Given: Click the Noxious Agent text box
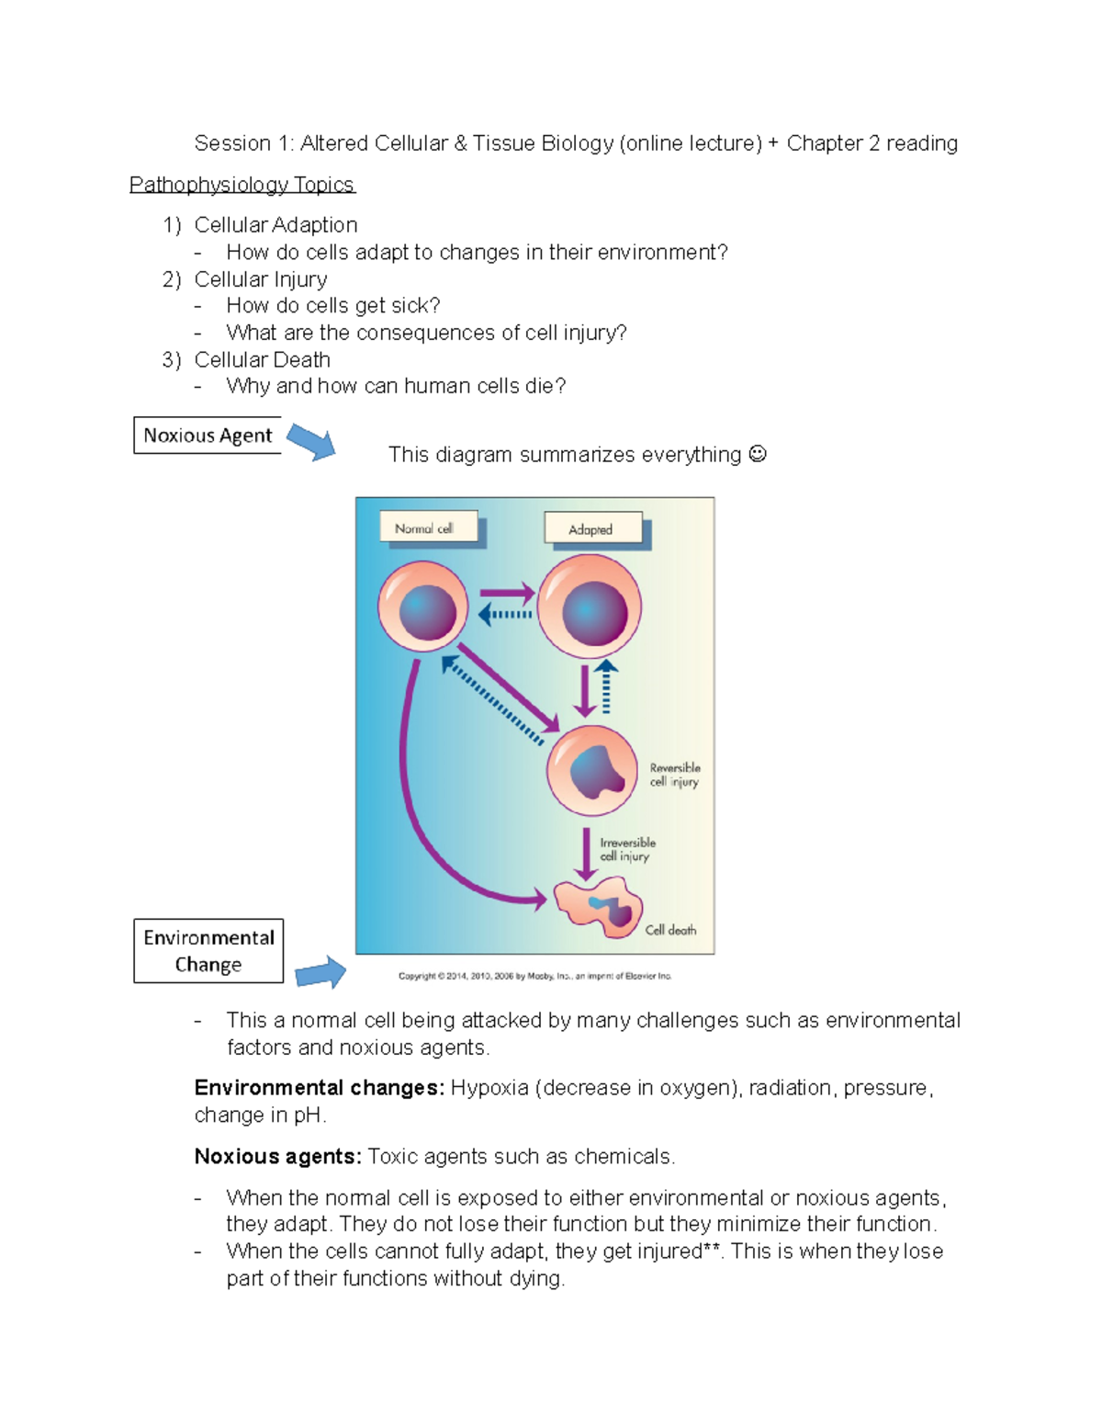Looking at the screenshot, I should pyautogui.click(x=208, y=436).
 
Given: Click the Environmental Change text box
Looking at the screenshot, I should pyautogui.click(x=208, y=951).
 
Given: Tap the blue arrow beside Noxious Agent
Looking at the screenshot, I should pyautogui.click(x=312, y=442).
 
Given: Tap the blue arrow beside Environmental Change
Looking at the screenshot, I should pyautogui.click(x=321, y=972).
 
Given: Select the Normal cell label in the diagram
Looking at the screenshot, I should pyautogui.click(x=424, y=528).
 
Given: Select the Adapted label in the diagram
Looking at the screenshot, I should pyautogui.click(x=590, y=529).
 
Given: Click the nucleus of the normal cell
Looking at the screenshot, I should pyautogui.click(x=428, y=611).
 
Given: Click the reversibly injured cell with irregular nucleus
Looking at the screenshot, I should pyautogui.click(x=592, y=770).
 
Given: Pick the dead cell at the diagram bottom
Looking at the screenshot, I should pyautogui.click(x=599, y=906).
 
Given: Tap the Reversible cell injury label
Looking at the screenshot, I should pyautogui.click(x=675, y=775).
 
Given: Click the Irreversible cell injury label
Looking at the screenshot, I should pyautogui.click(x=627, y=849).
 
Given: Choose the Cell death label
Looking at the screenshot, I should pyautogui.click(x=670, y=930).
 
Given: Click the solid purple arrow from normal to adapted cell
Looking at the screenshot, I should pyautogui.click(x=507, y=594).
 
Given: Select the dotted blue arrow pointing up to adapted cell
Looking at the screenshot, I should pyautogui.click(x=606, y=686).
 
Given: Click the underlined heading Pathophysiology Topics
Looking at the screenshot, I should pyautogui.click(x=242, y=185).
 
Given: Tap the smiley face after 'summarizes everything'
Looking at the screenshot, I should pyautogui.click(x=758, y=454).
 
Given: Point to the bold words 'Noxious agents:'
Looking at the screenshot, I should pyautogui.click(x=277, y=1156).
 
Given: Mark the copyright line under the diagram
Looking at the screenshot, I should pyautogui.click(x=534, y=976).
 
